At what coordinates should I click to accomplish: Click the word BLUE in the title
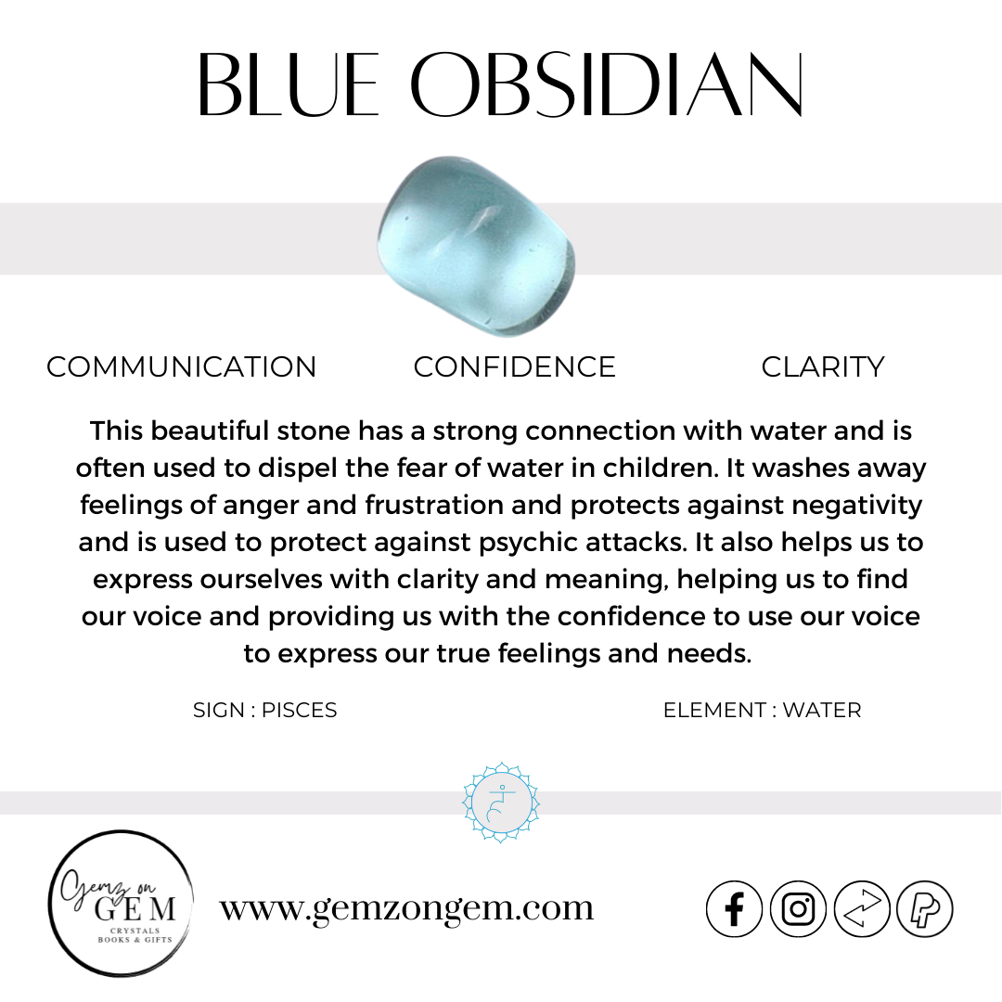click(288, 84)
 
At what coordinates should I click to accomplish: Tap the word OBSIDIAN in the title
click(607, 84)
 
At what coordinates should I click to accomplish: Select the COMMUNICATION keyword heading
click(182, 367)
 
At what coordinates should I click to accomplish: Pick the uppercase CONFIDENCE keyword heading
click(514, 367)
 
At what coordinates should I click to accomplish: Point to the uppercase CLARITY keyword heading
click(822, 367)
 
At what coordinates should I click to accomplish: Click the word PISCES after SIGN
click(299, 711)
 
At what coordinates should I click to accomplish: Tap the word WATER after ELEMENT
click(821, 711)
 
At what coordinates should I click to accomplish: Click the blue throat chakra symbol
click(501, 803)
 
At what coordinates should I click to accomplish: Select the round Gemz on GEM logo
click(121, 904)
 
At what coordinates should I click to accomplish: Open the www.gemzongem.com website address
click(406, 907)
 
